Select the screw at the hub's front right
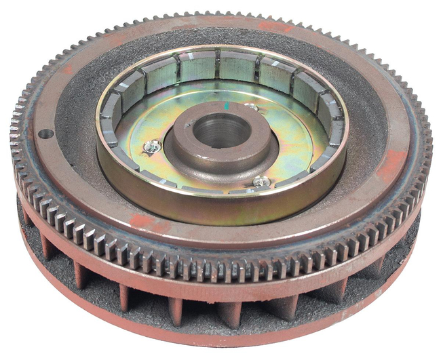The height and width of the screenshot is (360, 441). pos(262,181)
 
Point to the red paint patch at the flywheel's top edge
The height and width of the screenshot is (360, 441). pos(274,26)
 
